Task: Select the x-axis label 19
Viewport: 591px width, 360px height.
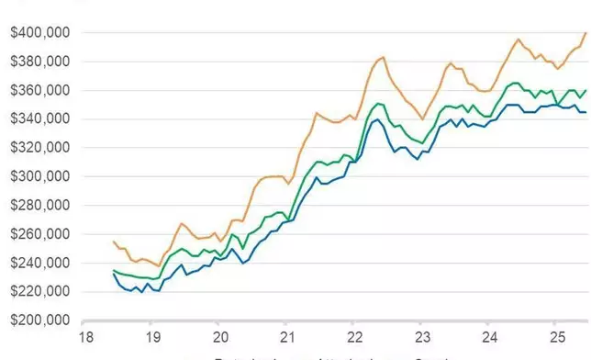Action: tap(152, 336)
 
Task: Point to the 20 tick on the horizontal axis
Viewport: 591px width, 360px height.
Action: tap(219, 336)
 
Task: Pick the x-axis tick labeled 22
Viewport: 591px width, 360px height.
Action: tap(353, 336)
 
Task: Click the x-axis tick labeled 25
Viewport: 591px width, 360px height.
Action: tap(556, 336)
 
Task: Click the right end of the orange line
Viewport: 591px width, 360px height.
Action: tap(585, 33)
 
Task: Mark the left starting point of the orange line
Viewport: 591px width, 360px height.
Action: tap(113, 242)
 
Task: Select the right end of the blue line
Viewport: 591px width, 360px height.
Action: tap(585, 112)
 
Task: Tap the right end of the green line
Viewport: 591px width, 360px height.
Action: tap(585, 90)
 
